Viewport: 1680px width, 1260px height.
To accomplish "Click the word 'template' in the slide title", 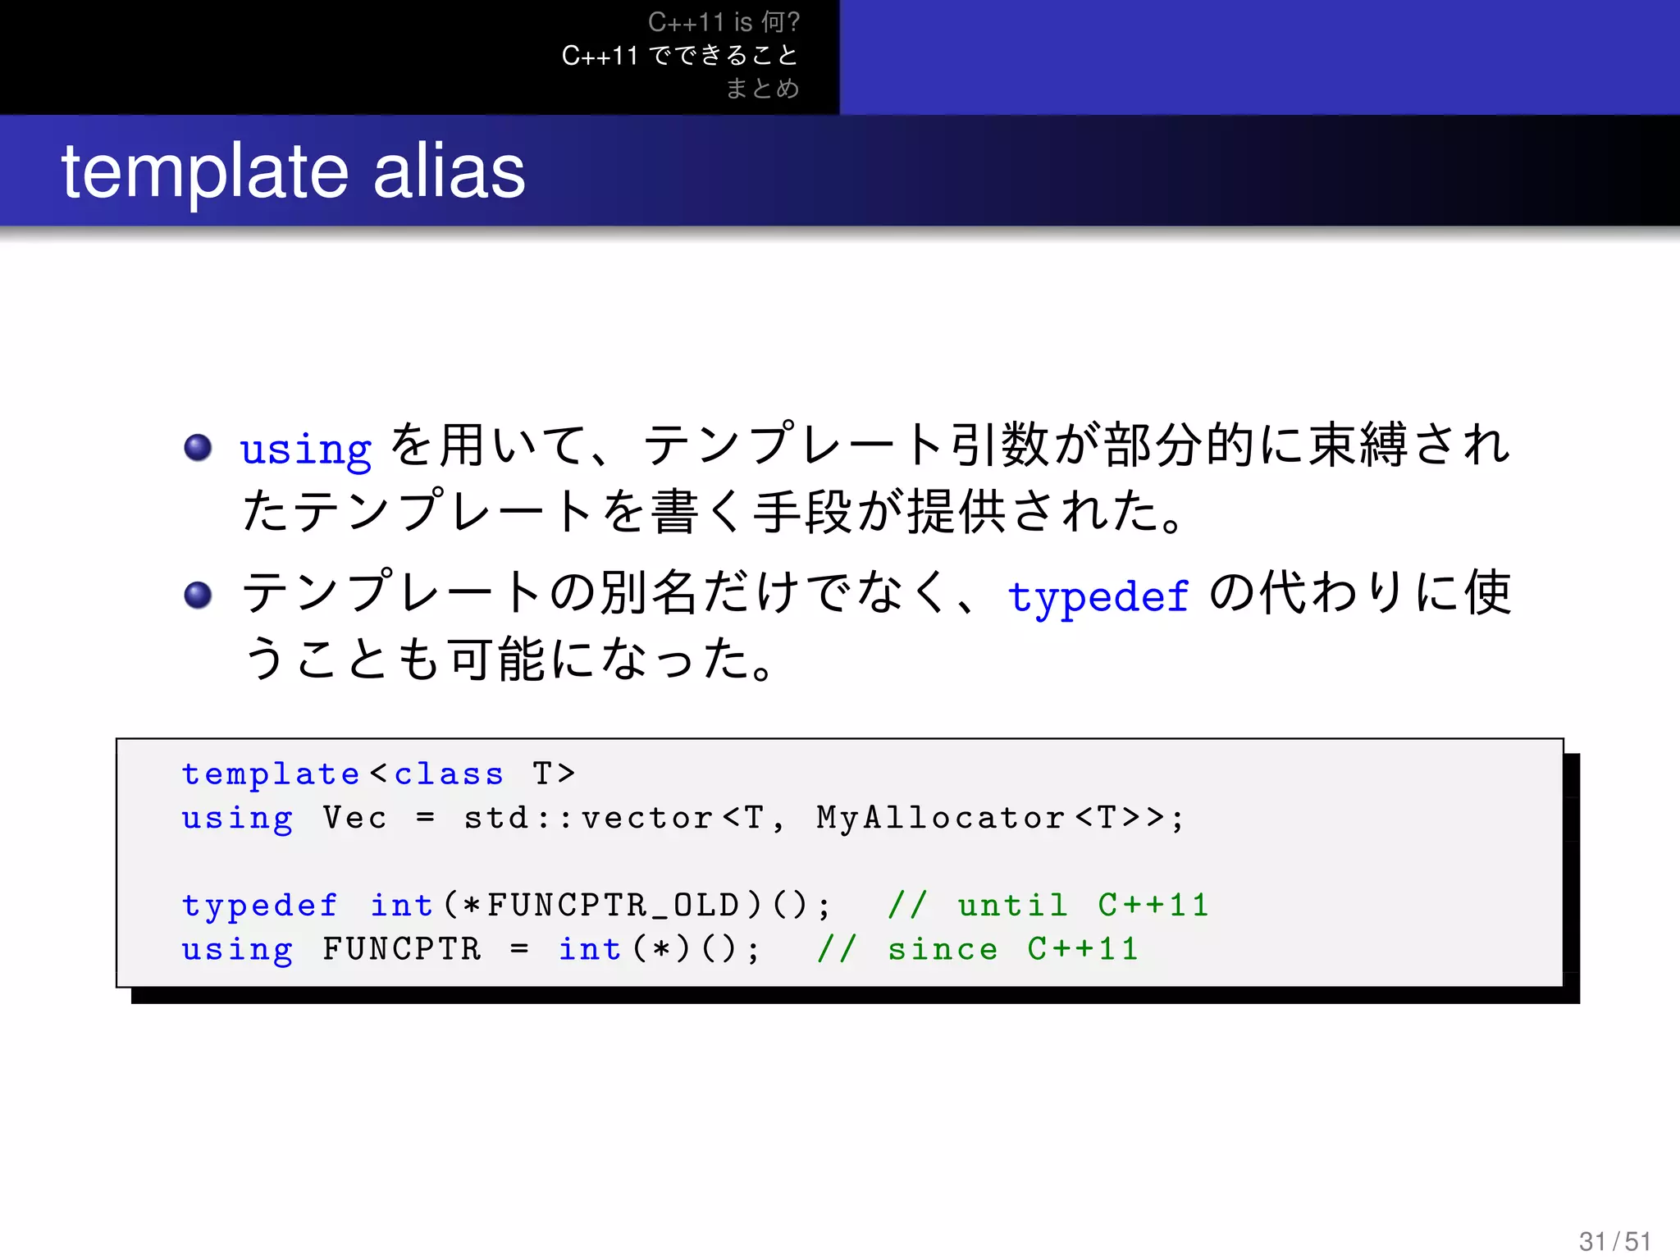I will point(205,172).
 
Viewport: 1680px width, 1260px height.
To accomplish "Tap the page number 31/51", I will point(1614,1240).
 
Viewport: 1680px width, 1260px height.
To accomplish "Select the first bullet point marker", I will point(198,447).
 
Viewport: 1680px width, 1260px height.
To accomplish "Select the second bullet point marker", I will point(198,595).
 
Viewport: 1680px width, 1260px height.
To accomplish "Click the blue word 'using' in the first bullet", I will point(306,450).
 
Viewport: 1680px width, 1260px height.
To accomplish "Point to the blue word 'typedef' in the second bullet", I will point(1098,596).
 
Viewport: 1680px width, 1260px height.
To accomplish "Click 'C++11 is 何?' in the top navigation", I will point(724,22).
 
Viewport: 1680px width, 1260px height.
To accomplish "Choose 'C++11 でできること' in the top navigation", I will point(680,55).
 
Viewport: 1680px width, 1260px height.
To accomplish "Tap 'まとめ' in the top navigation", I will point(762,88).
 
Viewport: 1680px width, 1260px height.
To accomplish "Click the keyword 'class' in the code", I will point(449,774).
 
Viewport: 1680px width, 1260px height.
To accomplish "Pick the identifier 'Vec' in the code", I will point(354,818).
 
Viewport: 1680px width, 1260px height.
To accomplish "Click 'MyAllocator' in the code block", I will point(941,818).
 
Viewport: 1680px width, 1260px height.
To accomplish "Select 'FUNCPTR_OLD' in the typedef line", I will point(613,906).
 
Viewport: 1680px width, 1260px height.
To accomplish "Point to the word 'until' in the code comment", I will point(1012,906).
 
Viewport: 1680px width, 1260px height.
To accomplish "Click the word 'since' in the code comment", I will point(943,950).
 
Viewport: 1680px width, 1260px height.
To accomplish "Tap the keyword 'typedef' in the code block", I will point(260,906).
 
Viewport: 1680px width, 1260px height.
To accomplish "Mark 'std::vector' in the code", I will point(588,818).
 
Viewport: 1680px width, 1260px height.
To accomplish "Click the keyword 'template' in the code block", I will point(271,774).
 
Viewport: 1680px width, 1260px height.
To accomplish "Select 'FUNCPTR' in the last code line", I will point(402,950).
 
